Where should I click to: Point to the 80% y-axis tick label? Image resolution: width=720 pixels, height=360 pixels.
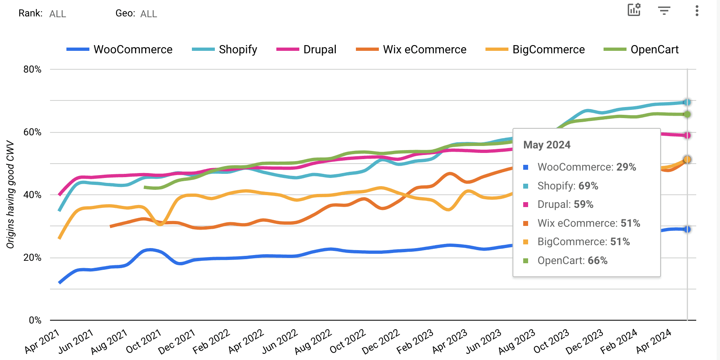(x=32, y=69)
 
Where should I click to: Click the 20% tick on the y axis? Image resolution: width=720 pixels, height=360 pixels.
(x=32, y=257)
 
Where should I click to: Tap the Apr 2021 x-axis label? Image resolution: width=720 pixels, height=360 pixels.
(x=42, y=341)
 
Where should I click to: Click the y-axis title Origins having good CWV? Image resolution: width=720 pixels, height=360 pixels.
(x=10, y=195)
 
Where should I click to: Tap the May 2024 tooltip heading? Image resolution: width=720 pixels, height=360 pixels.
(x=547, y=145)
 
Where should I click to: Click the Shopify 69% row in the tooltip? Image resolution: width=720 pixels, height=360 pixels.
(x=567, y=186)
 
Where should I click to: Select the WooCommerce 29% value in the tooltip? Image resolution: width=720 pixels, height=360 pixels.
(x=626, y=167)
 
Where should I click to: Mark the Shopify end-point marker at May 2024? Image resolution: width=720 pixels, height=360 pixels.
(x=687, y=102)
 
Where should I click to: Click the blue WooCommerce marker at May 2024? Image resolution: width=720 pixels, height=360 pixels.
(x=687, y=229)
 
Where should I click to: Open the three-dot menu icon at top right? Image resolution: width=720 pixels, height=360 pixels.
(x=697, y=11)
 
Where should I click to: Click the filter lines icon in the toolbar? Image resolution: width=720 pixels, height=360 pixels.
(x=664, y=11)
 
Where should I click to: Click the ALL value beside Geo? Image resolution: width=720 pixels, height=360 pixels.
(x=148, y=14)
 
